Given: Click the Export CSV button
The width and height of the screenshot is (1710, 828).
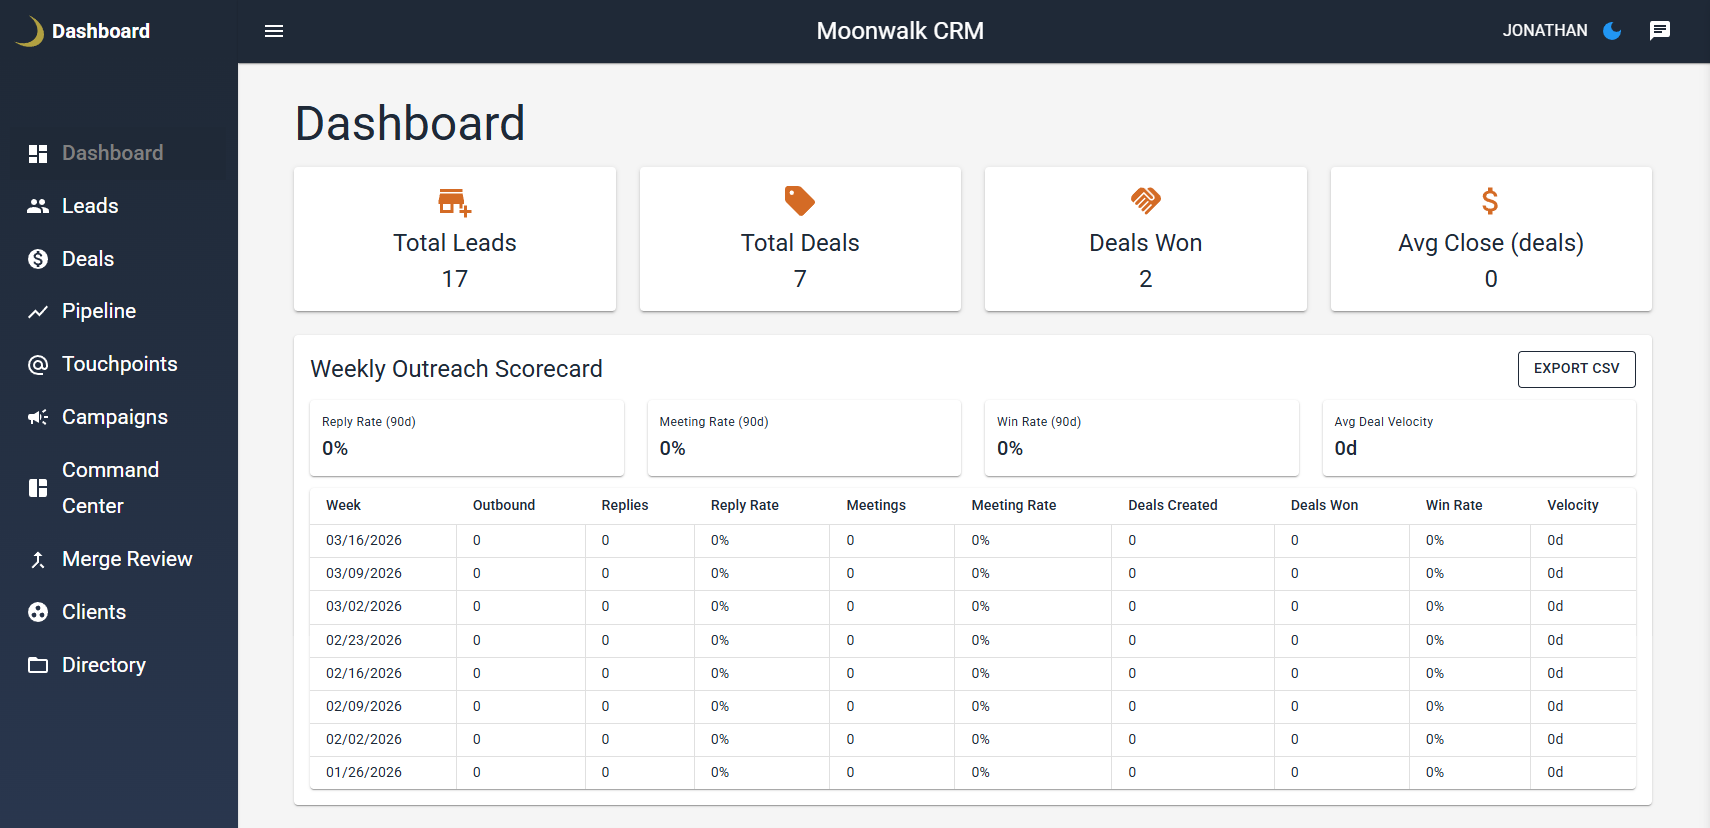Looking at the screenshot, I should (1576, 368).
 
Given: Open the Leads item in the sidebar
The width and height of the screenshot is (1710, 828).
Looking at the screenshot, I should (90, 206).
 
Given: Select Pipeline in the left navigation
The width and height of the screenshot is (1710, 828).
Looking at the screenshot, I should (98, 311).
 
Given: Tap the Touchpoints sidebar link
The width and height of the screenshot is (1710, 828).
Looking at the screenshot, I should (119, 364).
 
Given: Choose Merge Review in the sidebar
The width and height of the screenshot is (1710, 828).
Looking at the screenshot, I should (126, 559).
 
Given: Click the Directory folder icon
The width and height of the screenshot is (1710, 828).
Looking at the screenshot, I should (38, 665).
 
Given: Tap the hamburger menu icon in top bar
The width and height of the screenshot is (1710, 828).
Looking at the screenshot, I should (274, 31).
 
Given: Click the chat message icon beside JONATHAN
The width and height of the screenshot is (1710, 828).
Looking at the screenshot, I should (1659, 31).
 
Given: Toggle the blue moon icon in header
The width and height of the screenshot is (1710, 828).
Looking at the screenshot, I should (1612, 31).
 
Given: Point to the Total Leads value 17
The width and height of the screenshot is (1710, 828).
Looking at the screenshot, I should (455, 279).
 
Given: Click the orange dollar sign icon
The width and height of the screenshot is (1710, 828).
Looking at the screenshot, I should (1490, 201).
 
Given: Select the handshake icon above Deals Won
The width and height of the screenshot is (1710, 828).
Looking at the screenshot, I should (1145, 201).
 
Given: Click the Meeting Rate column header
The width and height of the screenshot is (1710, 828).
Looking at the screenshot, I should (1013, 505).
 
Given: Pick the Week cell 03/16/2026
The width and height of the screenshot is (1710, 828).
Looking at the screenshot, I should (364, 540).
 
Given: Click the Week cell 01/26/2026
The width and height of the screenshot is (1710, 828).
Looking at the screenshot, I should (364, 772).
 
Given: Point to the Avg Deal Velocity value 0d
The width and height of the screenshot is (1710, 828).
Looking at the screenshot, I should (1345, 448).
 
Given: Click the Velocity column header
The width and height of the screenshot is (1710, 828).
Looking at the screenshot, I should (1572, 505).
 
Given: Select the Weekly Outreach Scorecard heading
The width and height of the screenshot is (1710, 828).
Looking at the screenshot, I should (456, 369).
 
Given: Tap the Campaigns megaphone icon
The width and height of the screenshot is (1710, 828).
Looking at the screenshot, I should (38, 417).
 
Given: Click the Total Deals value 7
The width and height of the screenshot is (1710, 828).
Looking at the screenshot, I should (800, 279).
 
